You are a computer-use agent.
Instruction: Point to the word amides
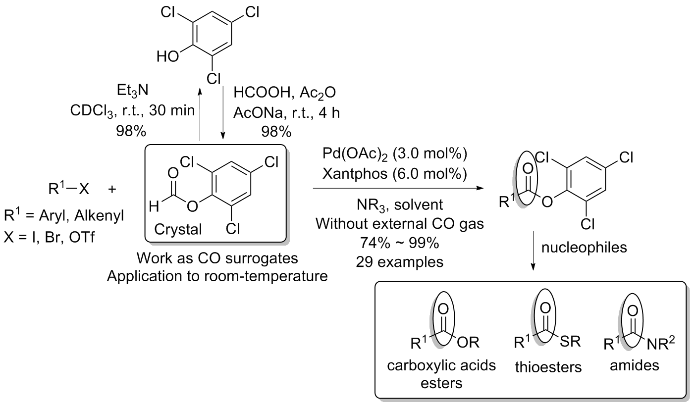pos(636,367)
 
